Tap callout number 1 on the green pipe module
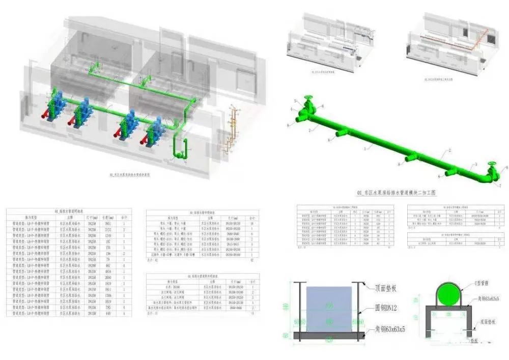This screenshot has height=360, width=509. click(x=364, y=148)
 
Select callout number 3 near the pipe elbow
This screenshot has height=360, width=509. click(x=476, y=164)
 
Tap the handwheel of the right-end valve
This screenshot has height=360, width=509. click(x=492, y=164)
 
